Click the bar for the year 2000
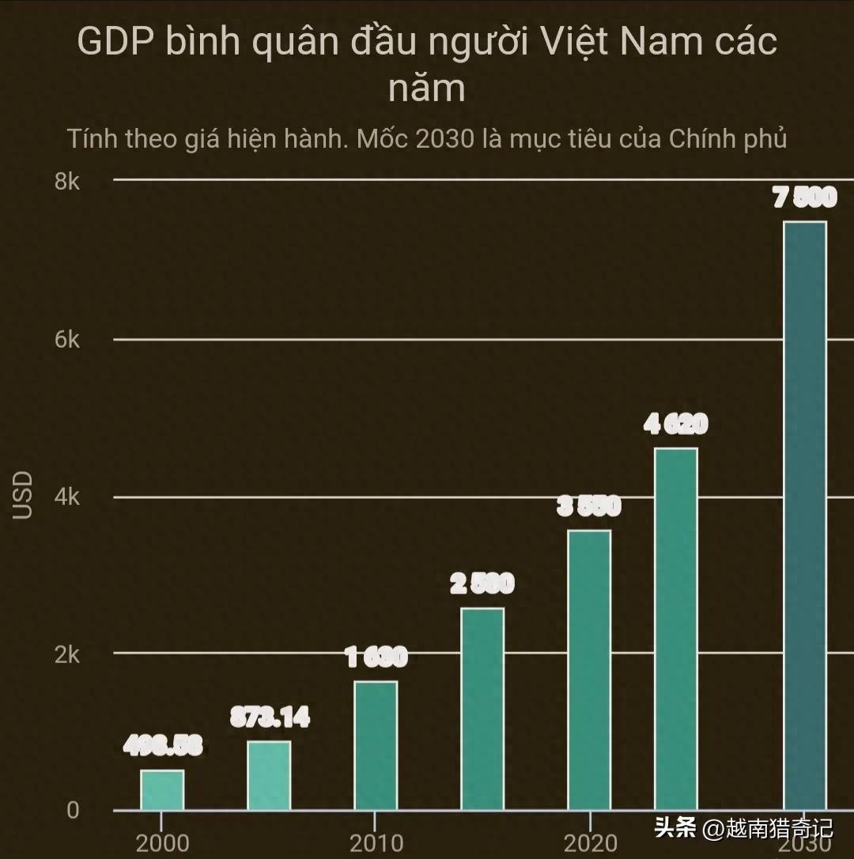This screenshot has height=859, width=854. point(162,789)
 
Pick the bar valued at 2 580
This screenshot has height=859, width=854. point(482,709)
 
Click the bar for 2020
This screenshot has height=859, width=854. point(590,670)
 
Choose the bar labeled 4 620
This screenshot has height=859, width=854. point(676,629)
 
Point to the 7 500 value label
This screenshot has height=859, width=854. point(804,198)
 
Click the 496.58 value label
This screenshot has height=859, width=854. point(162,745)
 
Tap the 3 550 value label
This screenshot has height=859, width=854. point(590,506)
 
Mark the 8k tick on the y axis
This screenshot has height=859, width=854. point(67,182)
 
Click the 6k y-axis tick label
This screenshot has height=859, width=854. point(67,340)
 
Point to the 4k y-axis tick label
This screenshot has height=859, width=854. point(67,497)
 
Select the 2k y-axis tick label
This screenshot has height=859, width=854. point(67,654)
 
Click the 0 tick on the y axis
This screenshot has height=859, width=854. point(73,811)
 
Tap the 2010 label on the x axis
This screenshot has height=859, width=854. point(376,843)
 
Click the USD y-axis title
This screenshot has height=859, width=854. point(24,495)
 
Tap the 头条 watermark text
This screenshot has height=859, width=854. point(675,828)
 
